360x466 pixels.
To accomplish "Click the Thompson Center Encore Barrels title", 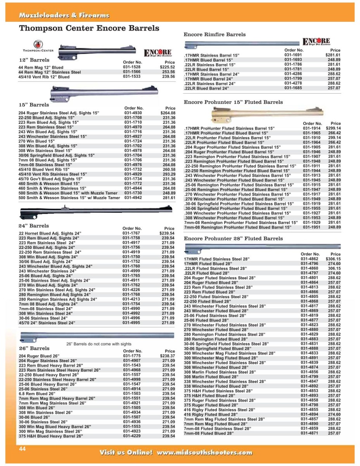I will click(x=89, y=28).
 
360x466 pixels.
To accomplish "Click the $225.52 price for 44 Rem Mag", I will click(x=168, y=67).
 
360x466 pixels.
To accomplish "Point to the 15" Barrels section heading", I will click(x=34, y=105).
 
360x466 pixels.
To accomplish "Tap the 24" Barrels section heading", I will click(x=34, y=226).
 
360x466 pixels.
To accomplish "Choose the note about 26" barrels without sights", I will click(x=99, y=344).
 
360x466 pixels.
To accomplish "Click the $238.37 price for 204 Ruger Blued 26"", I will click(x=168, y=356).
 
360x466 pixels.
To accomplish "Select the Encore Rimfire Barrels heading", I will click(x=215, y=35).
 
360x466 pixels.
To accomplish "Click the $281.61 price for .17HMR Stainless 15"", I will click(x=332, y=55).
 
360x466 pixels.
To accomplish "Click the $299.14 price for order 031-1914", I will click(x=333, y=128).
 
